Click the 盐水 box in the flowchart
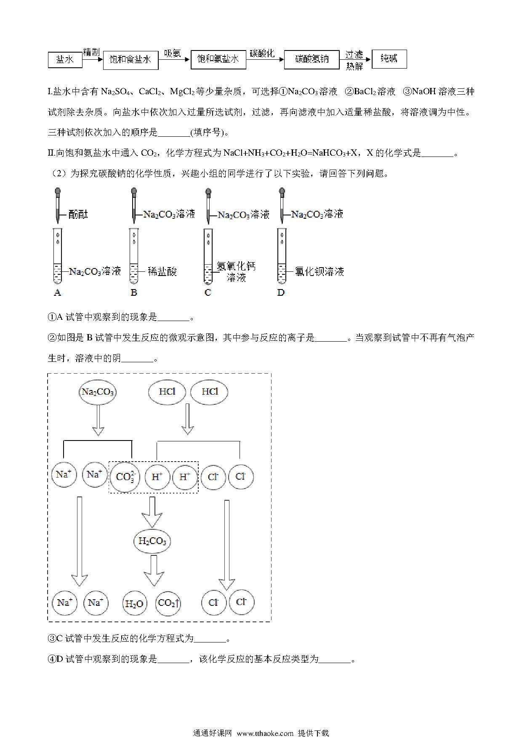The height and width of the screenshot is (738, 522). pos(65,60)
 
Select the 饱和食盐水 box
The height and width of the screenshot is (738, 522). pos(130,60)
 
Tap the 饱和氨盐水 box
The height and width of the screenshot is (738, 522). pos(218,59)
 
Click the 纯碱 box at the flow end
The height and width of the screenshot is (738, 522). pos(389,59)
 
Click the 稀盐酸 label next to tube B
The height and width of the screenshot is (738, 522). pos(162,271)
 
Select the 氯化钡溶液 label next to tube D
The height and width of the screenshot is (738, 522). pos(319,271)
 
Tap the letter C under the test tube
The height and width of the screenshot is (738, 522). pos(208,292)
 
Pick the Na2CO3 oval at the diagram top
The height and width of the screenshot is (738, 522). pos(98,392)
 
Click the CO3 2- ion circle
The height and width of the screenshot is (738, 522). pos(125,477)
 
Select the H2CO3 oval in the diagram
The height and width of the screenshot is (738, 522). pos(152,541)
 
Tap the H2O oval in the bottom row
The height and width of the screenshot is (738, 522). pos(134,604)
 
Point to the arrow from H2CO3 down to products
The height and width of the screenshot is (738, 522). pos(154,571)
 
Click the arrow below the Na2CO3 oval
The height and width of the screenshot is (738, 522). pos(98,420)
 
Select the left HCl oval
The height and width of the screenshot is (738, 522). pos(167,392)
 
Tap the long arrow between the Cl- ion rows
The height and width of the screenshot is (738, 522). pos(226,545)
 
